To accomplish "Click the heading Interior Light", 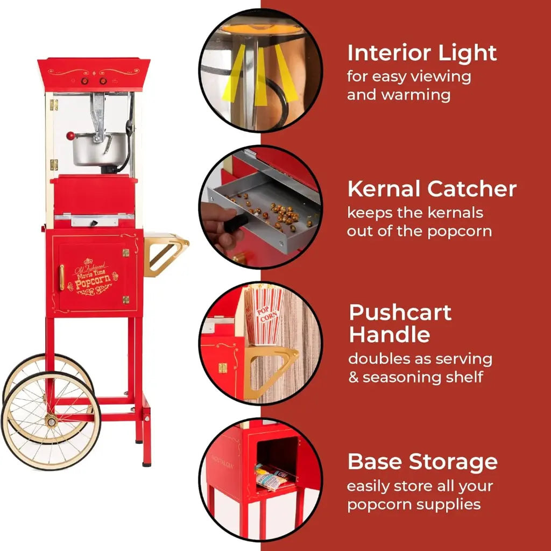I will coord(422,53).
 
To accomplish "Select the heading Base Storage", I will coord(422,462).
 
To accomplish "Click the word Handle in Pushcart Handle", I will coord(389,335).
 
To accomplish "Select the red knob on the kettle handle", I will coord(70,136).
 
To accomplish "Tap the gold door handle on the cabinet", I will coord(62,277).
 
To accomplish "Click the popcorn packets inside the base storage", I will coord(274,476).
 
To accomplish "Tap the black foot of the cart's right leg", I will coord(146,461).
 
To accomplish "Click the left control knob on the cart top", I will coord(84,81).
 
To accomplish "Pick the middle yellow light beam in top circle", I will coord(261,75).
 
